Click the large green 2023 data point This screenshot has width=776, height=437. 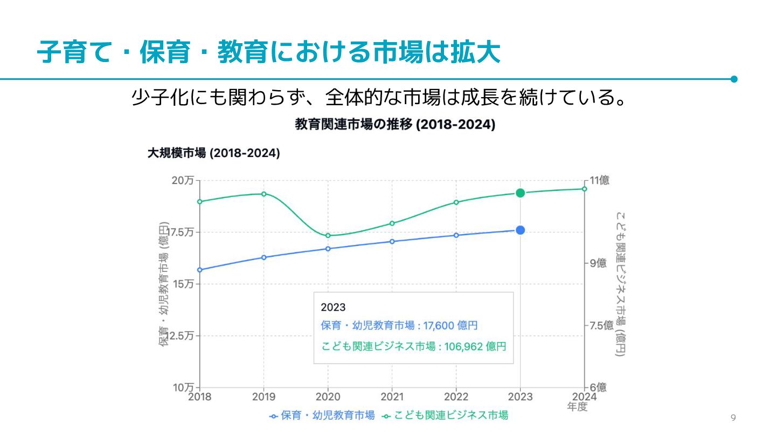tap(520, 193)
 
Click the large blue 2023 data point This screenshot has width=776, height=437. tap(520, 230)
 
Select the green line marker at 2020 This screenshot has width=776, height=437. tap(328, 235)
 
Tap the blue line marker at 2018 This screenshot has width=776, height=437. tap(199, 270)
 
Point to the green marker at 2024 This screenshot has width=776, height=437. tap(584, 189)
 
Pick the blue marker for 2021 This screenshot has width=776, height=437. tap(392, 241)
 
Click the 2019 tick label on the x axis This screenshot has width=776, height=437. tap(264, 397)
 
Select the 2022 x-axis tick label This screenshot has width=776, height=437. tap(456, 397)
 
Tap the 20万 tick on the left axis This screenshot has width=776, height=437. tap(183, 181)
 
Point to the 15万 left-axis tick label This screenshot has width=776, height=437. tap(183, 284)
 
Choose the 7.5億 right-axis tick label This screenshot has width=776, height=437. tap(601, 325)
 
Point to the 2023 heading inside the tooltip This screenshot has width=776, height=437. tap(332, 308)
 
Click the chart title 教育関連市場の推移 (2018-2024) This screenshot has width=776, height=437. tap(395, 125)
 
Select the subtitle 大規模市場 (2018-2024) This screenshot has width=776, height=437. tap(213, 153)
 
